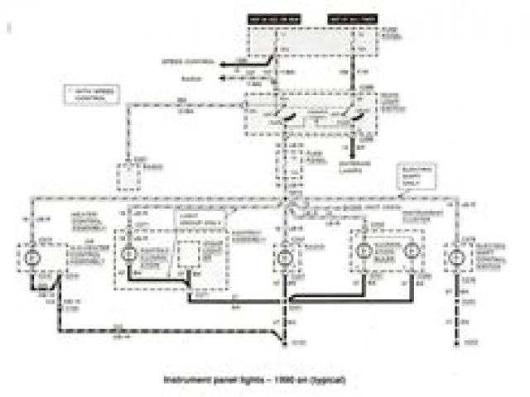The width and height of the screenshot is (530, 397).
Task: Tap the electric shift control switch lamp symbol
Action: tap(455, 257)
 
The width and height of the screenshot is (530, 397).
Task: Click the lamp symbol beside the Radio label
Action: tap(284, 257)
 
